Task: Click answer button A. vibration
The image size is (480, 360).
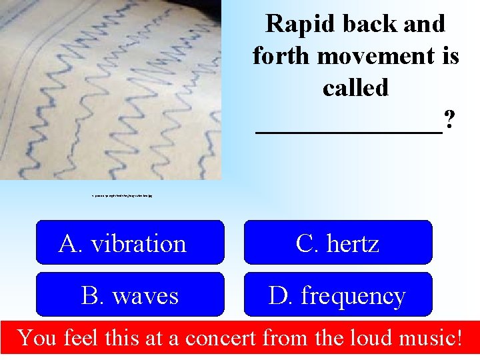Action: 130,243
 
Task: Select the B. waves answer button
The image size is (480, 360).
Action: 130,295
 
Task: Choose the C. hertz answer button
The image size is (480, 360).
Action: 338,243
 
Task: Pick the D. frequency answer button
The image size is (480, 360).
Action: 338,295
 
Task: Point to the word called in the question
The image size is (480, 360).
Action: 355,87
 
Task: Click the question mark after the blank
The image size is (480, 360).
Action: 450,120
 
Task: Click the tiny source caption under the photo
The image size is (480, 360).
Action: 123,197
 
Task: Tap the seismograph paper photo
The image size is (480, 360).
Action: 110,90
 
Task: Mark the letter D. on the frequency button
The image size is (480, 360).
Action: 281,295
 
